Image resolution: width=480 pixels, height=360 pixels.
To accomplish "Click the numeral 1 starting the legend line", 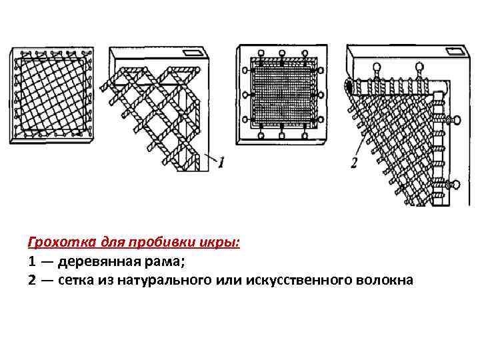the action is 31,261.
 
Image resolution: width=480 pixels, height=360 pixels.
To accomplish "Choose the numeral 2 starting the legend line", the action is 32,280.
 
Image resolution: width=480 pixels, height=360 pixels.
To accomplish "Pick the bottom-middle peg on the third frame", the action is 282,135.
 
